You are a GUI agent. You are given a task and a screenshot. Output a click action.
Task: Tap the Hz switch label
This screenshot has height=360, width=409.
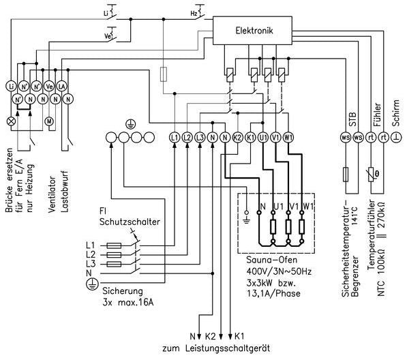[194, 13]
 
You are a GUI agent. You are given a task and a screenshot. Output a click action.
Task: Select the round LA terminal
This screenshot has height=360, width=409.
[61, 86]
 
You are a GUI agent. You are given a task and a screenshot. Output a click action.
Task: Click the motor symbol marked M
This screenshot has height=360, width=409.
[48, 120]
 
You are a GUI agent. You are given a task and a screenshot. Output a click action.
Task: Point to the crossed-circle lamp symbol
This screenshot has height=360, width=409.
[10, 120]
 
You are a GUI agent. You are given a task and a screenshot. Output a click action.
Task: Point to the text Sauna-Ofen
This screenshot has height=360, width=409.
[268, 262]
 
